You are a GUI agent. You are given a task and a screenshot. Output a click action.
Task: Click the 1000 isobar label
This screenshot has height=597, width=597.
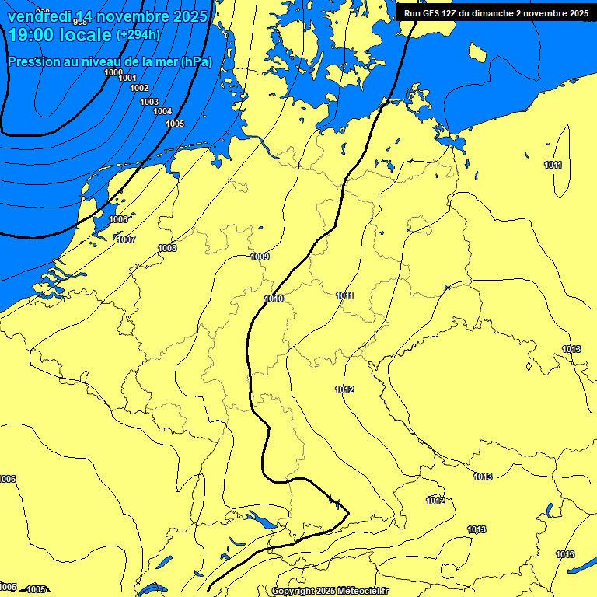click(113, 72)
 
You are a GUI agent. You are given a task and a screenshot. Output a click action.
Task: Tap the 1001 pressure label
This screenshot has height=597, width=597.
click(127, 78)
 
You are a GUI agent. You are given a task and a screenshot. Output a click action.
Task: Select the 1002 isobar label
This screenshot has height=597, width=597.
click(139, 88)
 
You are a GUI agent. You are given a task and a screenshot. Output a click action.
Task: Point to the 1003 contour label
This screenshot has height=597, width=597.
click(149, 102)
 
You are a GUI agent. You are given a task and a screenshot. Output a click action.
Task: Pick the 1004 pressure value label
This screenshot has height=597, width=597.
click(162, 111)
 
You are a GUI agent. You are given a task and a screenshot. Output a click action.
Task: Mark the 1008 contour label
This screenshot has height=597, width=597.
click(167, 248)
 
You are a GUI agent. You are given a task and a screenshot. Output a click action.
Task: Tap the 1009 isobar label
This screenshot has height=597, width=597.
click(260, 257)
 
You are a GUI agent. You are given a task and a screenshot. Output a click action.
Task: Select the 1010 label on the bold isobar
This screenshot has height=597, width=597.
click(274, 298)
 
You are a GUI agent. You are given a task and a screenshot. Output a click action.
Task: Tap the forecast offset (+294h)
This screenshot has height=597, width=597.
click(138, 35)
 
